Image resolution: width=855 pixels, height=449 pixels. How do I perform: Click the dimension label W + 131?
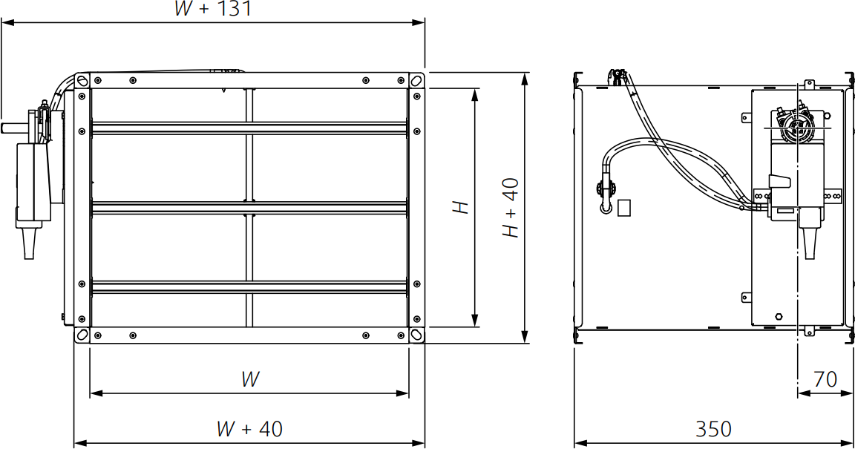pos(212,9)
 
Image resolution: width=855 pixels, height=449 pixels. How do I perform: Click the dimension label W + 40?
pos(249,429)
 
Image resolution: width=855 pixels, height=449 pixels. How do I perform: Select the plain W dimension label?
pos(250,379)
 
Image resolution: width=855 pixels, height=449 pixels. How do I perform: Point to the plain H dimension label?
pos(462,207)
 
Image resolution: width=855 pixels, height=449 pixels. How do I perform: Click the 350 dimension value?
pos(713,429)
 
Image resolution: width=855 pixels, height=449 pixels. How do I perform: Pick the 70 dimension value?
pos(825,379)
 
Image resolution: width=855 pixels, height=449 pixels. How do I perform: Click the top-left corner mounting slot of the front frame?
pos(82,80)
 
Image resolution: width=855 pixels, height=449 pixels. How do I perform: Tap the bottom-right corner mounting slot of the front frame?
pos(417,335)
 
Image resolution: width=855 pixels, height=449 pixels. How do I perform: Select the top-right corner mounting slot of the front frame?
pos(417,80)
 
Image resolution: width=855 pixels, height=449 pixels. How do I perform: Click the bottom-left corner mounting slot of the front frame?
pos(82,335)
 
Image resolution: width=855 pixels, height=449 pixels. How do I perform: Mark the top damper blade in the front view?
pos(249,128)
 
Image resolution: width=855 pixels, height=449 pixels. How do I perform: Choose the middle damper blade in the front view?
pos(249,207)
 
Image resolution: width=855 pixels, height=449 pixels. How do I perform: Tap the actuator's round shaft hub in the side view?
pos(801,127)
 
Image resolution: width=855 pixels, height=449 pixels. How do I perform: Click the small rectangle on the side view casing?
pos(625,207)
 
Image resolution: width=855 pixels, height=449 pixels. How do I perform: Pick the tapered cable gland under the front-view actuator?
pos(30,243)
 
